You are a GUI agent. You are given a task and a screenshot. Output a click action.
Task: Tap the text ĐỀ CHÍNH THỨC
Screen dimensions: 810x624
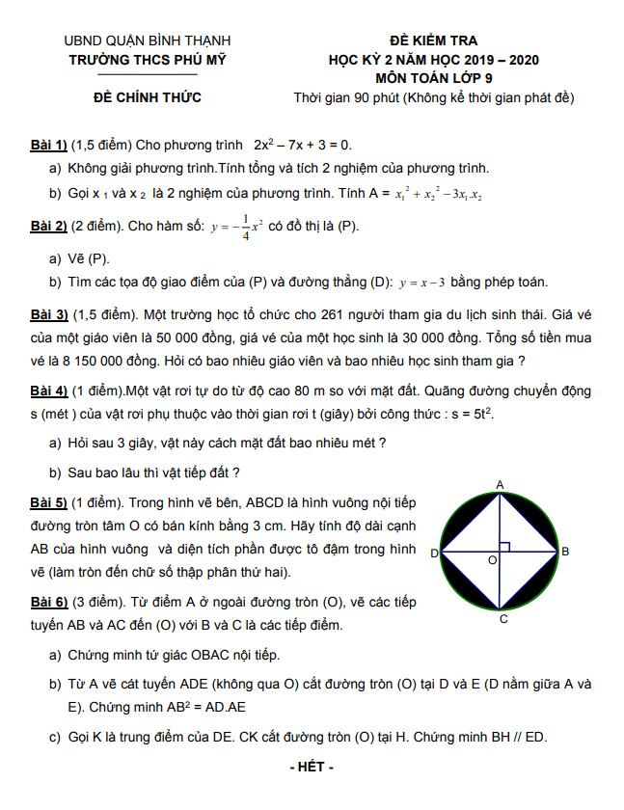(147, 97)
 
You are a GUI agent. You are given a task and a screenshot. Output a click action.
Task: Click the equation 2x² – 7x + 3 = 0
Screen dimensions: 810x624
(303, 145)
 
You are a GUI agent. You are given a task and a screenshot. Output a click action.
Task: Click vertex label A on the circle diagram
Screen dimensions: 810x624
(501, 484)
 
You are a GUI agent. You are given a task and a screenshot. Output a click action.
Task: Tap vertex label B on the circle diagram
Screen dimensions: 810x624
(565, 552)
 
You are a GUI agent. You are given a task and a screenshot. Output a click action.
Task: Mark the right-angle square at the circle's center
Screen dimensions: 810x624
(505, 547)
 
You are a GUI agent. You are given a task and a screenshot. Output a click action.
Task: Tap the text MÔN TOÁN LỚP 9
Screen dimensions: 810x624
(432, 79)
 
